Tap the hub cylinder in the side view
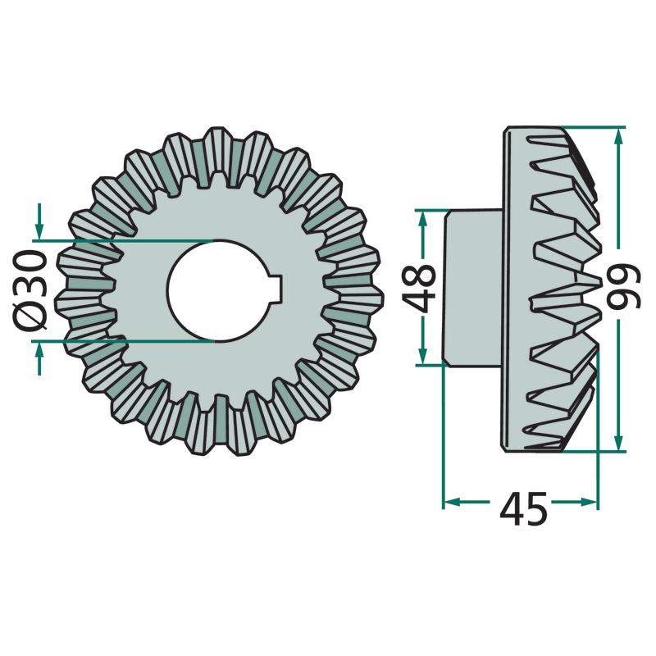473,288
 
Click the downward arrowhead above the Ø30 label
39,230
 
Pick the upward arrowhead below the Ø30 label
39,351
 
